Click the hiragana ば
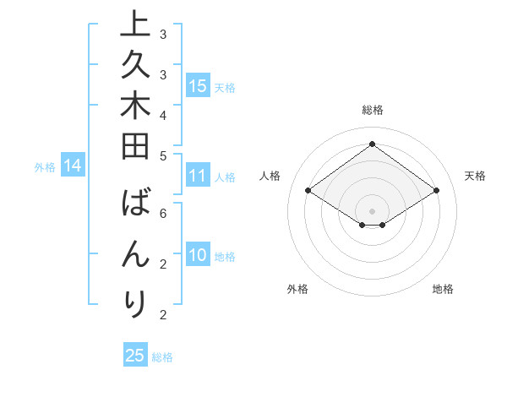pos(135,205)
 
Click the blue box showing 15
pos(198,85)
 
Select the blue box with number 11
pos(198,177)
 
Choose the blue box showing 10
pos(198,255)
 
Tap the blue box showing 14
pos(73,166)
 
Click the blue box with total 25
pos(135,356)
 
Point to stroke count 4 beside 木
pos(162,113)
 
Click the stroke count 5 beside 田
pos(162,155)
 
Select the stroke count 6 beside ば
pos(162,213)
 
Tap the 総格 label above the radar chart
pos(372,110)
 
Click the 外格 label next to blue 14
pos(45,167)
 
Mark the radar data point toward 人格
pos(308,191)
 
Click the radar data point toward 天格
pos(436,191)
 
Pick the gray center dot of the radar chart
pos(372,210)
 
